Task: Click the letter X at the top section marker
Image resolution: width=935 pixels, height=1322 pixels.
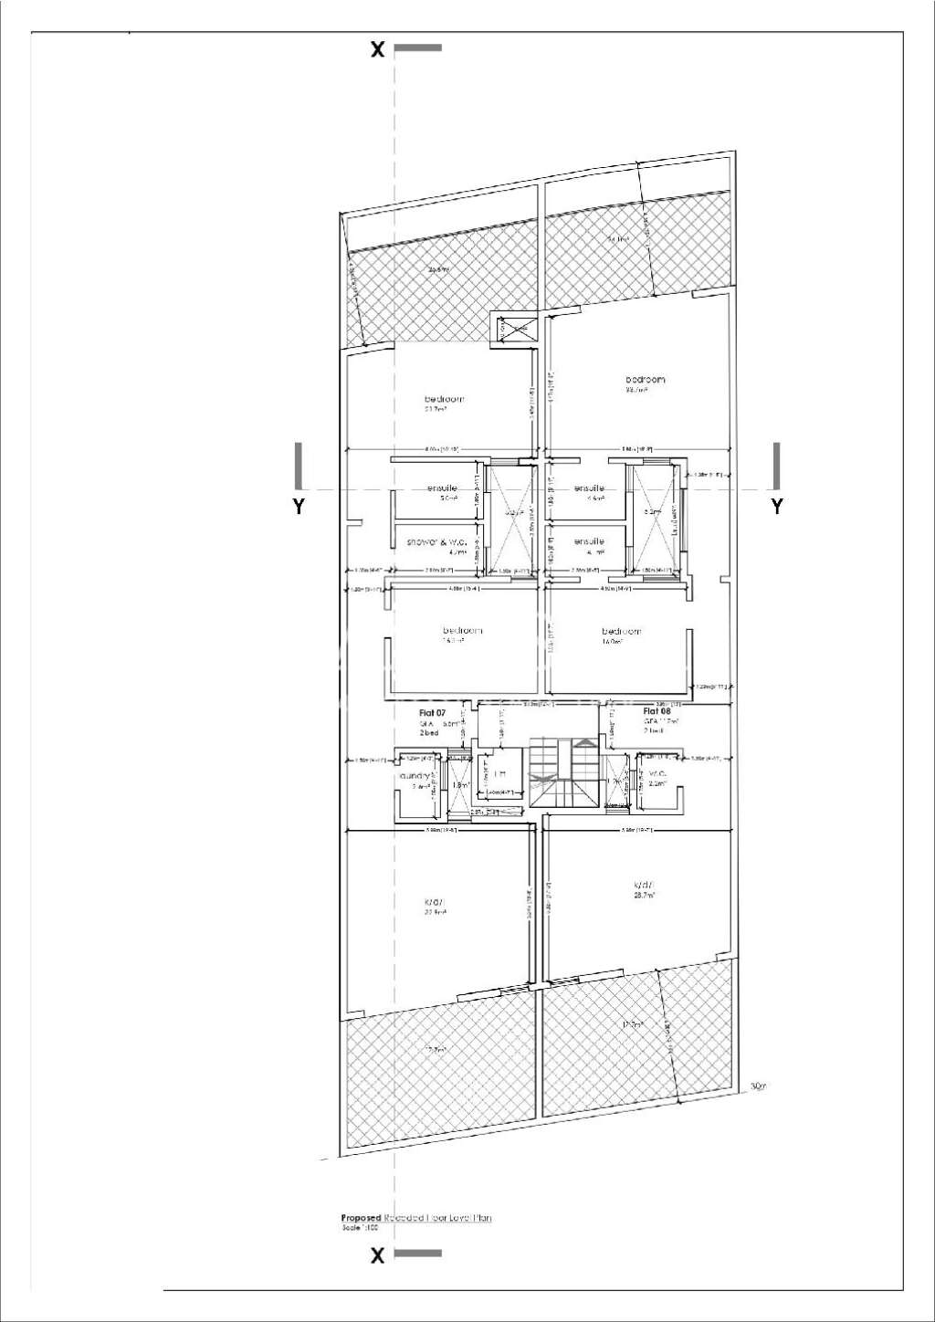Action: tap(377, 49)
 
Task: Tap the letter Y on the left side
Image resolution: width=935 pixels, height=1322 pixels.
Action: tap(299, 506)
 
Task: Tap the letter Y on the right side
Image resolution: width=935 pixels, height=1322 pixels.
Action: tap(777, 506)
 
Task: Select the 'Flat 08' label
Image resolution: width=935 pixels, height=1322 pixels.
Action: tap(657, 711)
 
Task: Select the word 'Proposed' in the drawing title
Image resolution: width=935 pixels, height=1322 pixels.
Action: tap(361, 1218)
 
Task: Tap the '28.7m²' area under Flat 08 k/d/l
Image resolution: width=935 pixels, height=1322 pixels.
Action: tap(645, 896)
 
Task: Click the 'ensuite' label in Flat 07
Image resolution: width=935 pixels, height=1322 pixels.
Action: tap(443, 488)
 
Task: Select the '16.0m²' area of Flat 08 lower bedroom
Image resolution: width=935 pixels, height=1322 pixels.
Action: tap(612, 642)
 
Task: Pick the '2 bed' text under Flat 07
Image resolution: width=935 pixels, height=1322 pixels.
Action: tap(429, 733)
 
